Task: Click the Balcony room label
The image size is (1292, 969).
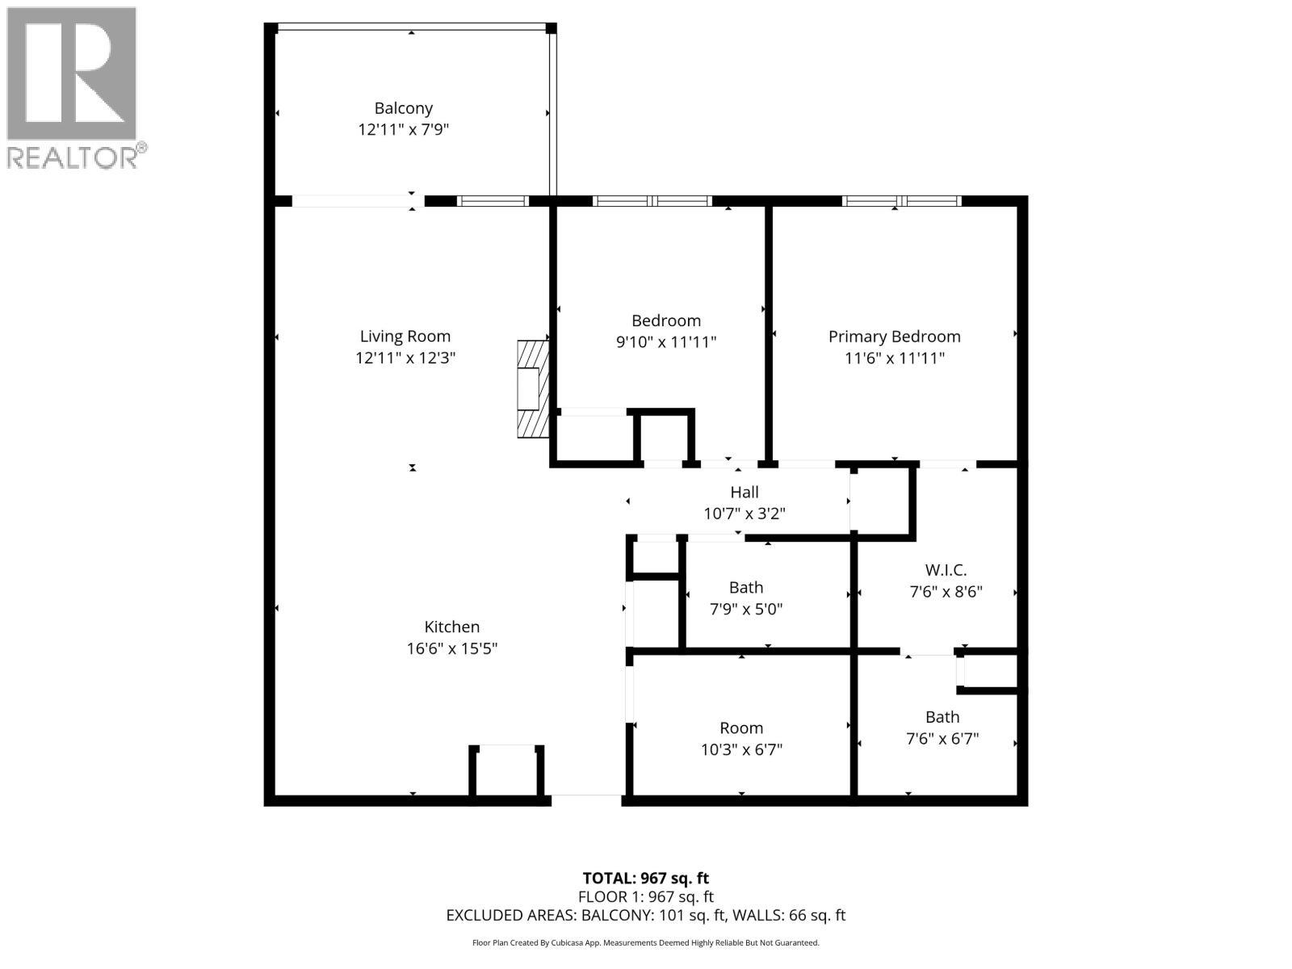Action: pos(403,108)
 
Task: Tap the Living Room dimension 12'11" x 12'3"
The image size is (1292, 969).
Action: pos(405,358)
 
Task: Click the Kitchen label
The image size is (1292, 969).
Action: pos(451,627)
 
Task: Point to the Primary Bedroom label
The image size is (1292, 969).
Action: pos(894,337)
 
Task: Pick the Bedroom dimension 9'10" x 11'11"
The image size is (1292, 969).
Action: pos(666,342)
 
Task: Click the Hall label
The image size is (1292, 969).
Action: pos(744,492)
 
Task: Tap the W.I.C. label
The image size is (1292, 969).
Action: pos(946,570)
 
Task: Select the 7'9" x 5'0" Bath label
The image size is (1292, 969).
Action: pos(745,587)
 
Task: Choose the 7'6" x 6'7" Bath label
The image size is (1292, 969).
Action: pos(942,717)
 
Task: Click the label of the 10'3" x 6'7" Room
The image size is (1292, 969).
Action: pos(741,728)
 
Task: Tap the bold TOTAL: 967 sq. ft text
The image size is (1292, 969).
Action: pos(645,878)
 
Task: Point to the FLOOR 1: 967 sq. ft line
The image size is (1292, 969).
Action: pos(645,896)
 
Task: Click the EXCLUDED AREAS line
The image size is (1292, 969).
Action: pos(645,915)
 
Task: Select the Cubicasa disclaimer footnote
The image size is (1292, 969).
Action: pos(645,942)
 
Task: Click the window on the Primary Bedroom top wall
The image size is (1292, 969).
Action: pos(901,201)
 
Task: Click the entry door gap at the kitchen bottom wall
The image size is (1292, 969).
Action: pos(586,799)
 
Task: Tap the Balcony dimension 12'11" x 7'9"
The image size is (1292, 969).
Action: pos(403,129)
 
